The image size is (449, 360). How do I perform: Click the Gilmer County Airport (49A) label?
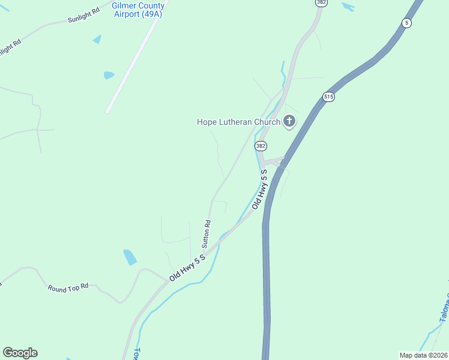pos(138,10)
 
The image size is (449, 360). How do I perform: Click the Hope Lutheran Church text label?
pos(238,122)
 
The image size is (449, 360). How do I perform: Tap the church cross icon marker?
pos(289,122)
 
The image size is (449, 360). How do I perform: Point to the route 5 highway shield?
pos(407,23)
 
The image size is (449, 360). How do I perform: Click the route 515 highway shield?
pos(328,97)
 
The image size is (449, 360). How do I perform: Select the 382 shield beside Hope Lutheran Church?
pos(261,146)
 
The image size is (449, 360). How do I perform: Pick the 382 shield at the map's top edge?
pos(321,2)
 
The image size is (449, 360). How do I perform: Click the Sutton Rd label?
pos(206,234)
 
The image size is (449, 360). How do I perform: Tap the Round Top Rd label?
pos(68,287)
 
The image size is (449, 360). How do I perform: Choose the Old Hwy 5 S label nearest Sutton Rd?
pos(187,268)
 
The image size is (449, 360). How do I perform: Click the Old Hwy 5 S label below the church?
pos(259,189)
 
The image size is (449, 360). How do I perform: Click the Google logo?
pos(20,353)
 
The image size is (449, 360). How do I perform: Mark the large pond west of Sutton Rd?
pos(130,257)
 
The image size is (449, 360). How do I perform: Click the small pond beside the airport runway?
pos(109,75)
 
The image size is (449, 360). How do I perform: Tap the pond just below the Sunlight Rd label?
pos(97,40)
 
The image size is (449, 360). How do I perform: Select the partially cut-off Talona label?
pos(444,306)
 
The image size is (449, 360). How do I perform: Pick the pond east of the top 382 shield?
pos(348,7)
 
